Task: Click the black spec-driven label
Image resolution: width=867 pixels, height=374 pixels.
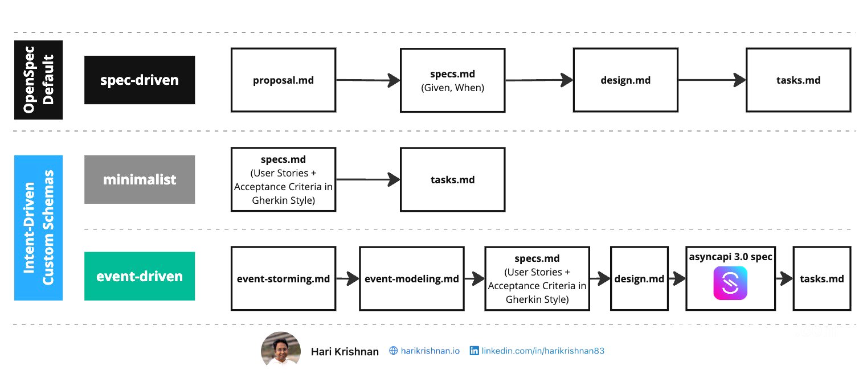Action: (140, 80)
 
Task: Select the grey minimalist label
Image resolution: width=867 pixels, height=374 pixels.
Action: (140, 179)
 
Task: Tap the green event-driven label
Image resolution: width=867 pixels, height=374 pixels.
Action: (140, 276)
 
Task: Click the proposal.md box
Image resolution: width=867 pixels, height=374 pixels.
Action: (283, 80)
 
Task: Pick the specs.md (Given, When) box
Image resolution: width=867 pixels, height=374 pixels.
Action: (452, 80)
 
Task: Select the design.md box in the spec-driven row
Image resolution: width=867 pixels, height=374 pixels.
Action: (625, 80)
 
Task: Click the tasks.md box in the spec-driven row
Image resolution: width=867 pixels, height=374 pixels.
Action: (798, 80)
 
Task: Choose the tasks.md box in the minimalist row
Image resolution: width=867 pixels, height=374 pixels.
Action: (452, 179)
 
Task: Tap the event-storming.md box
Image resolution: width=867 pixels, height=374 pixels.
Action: (283, 278)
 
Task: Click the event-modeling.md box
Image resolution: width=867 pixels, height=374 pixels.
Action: (411, 278)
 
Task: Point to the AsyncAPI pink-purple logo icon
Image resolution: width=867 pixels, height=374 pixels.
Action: (730, 283)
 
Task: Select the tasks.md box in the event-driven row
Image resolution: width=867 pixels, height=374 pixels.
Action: (821, 278)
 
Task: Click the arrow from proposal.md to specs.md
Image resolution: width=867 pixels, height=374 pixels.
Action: (367, 80)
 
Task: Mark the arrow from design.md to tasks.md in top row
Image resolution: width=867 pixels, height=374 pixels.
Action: (711, 80)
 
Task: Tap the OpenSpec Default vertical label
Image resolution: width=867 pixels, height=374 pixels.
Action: (38, 80)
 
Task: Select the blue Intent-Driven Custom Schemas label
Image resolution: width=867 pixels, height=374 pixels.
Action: (38, 228)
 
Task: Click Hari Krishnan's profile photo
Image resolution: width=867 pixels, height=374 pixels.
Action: (281, 349)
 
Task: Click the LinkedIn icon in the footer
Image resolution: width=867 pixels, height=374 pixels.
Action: (474, 351)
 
